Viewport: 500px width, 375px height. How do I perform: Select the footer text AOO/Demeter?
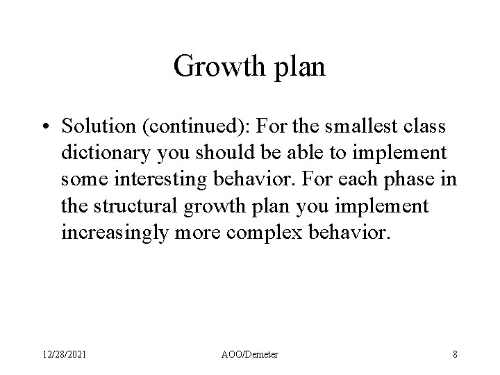(250, 354)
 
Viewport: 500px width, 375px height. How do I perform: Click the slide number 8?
(455, 354)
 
